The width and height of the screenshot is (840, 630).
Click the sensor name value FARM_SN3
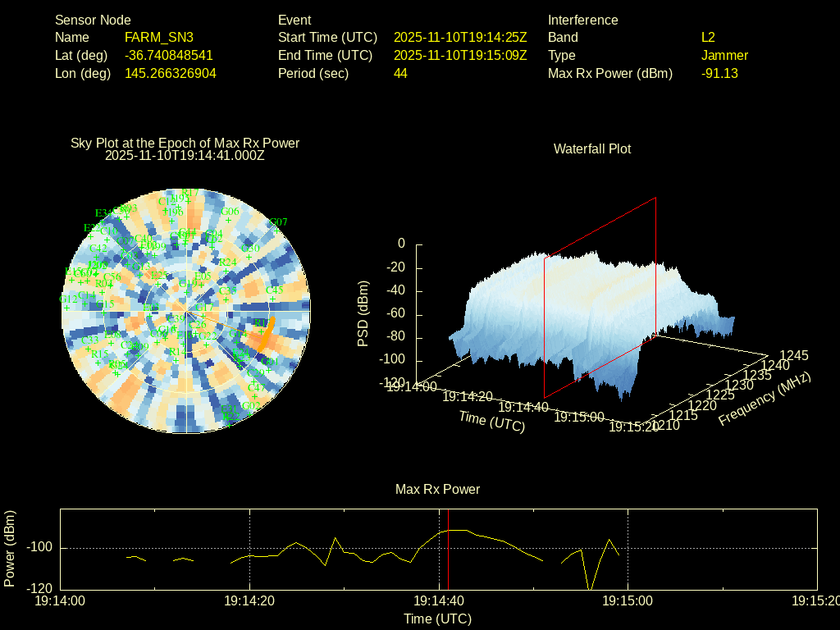click(159, 37)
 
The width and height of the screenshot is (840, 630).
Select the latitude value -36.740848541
click(169, 55)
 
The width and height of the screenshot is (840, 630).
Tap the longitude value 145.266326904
click(171, 73)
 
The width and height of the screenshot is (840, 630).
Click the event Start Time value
click(460, 37)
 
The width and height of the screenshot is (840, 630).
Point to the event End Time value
click(460, 55)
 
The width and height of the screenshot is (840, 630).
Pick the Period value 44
click(400, 73)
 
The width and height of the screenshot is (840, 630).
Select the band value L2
click(708, 37)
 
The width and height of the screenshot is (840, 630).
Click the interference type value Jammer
click(724, 55)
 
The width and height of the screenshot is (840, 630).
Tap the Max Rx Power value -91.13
click(719, 73)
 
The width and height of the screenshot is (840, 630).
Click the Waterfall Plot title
click(592, 148)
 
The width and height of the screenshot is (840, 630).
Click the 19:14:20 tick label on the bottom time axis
click(249, 600)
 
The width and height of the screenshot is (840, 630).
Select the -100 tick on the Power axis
click(41, 548)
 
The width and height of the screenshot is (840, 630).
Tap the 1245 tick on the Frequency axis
click(794, 355)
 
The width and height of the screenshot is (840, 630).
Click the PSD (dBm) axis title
click(363, 313)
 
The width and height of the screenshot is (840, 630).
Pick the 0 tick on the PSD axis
click(401, 244)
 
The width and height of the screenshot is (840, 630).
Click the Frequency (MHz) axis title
click(765, 398)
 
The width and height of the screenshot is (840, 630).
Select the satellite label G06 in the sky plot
click(230, 211)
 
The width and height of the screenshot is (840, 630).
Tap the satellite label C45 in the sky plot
click(274, 290)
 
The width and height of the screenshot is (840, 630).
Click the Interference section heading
click(582, 20)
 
